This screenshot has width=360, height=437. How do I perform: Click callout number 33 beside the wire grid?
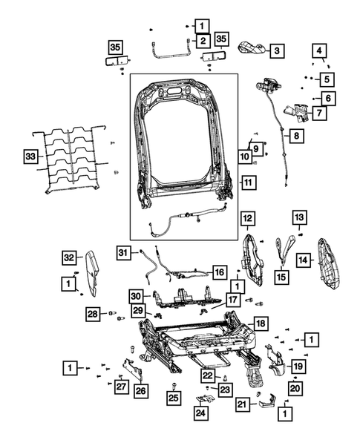(x=30, y=158)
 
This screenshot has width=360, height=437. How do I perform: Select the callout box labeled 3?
(x=276, y=50)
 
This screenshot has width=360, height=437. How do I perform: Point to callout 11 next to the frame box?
(x=248, y=182)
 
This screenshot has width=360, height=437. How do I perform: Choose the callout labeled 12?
(x=247, y=218)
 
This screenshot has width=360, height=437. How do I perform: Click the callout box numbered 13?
(x=298, y=217)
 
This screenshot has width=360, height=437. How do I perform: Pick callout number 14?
(x=303, y=260)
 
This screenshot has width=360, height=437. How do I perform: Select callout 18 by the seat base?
(x=260, y=324)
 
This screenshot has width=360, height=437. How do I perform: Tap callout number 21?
(x=241, y=404)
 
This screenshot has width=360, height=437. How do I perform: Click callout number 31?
(x=123, y=253)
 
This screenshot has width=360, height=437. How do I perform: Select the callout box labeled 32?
(x=68, y=257)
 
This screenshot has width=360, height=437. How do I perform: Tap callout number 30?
(x=135, y=295)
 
